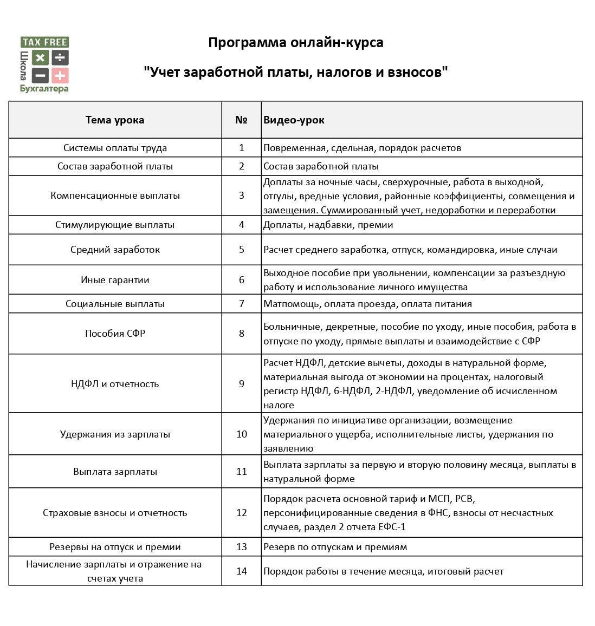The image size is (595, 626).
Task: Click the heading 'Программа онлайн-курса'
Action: [x=295, y=43]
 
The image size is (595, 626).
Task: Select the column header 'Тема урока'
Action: [x=115, y=120]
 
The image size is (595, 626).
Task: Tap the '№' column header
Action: [x=242, y=120]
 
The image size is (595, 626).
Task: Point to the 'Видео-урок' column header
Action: [x=294, y=120]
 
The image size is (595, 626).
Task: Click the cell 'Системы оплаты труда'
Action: [x=115, y=148]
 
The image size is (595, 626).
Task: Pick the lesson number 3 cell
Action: [x=242, y=195]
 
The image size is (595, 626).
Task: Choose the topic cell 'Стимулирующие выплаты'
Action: [x=115, y=225]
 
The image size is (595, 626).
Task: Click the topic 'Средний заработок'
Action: [x=115, y=250]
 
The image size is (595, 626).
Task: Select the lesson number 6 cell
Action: [x=242, y=280]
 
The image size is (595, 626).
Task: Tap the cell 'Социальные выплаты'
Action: [x=115, y=304]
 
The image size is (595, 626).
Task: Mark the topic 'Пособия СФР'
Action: [x=115, y=334]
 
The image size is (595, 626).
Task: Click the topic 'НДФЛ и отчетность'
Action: [x=115, y=384]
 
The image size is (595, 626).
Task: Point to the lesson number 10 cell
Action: [x=242, y=434]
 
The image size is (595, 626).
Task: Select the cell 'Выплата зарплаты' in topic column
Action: [x=115, y=472]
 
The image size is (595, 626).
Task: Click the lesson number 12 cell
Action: [x=242, y=513]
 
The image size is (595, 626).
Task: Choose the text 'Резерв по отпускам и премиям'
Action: [x=335, y=547]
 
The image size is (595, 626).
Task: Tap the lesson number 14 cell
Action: [x=242, y=571]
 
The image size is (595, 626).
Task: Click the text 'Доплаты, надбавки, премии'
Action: [x=328, y=225]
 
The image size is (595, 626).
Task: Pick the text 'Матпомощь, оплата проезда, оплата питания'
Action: [x=367, y=304]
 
